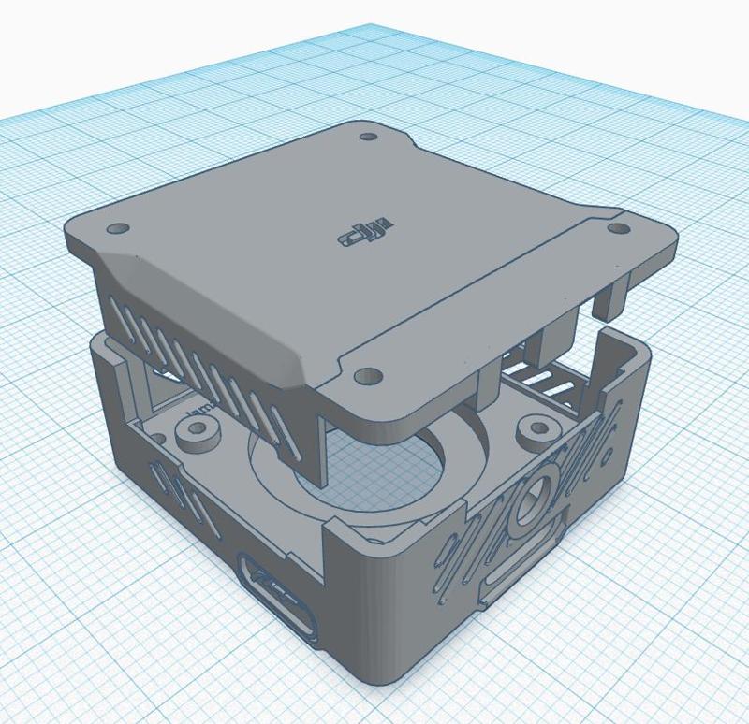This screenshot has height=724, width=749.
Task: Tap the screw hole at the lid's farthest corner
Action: pos(368,137)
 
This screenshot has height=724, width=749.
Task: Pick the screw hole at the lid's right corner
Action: pos(619,227)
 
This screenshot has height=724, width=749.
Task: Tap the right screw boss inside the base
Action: pos(540,432)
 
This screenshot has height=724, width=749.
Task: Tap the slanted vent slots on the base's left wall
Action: pos(187,496)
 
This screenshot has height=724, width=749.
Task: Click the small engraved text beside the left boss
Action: pos(198,412)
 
